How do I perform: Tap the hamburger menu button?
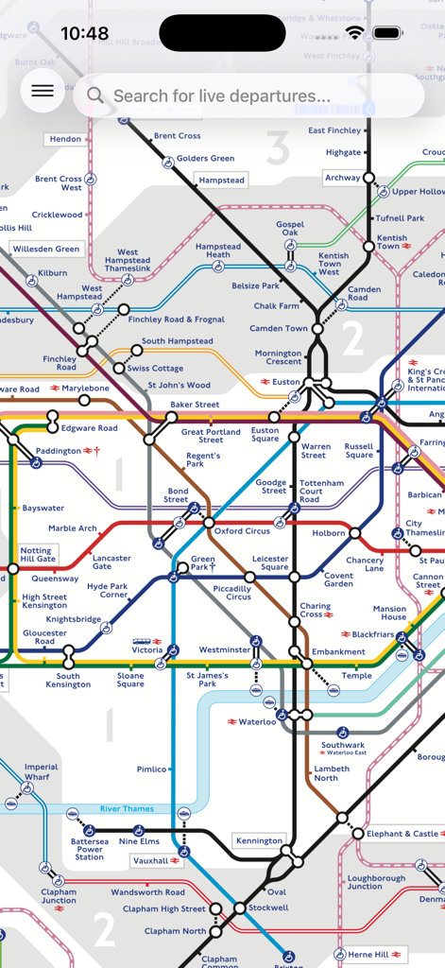pyautogui.click(x=43, y=92)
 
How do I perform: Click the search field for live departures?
pyautogui.click(x=250, y=95)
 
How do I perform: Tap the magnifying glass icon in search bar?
pyautogui.click(x=94, y=95)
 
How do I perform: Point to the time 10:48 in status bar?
pyautogui.click(x=84, y=34)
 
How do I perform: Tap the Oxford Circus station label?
pyautogui.click(x=242, y=531)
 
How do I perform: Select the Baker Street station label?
pyautogui.click(x=195, y=405)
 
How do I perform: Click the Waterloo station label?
pyautogui.click(x=257, y=722)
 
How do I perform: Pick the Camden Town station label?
pyautogui.click(x=279, y=329)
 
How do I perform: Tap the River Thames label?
pyautogui.click(x=127, y=809)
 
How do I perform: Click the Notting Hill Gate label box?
pyautogui.click(x=37, y=555)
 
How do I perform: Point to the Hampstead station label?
pyautogui.click(x=222, y=181)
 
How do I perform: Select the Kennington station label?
pyautogui.click(x=259, y=840)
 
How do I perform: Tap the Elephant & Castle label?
pyautogui.click(x=402, y=834)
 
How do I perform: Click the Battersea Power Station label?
pyautogui.click(x=90, y=849)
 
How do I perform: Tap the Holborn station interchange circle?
pyautogui.click(x=355, y=533)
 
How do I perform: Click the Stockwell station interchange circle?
pyautogui.click(x=240, y=908)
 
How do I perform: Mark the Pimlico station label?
pyautogui.click(x=151, y=769)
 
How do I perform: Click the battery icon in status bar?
pyautogui.click(x=387, y=33)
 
